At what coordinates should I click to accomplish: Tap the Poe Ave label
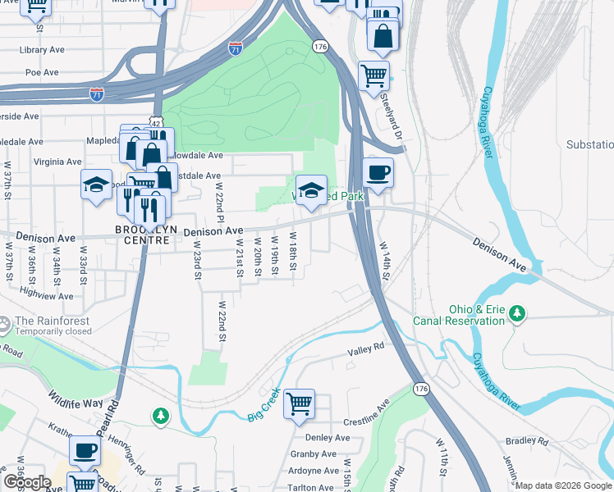tap(41, 72)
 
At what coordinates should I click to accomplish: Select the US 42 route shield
tap(154, 122)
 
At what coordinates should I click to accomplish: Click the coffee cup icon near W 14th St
tap(378, 173)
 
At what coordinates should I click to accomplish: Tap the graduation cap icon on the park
tap(310, 191)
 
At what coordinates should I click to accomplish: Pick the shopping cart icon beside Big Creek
tap(299, 403)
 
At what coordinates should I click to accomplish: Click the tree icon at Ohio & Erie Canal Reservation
tap(517, 312)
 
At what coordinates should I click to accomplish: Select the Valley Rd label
tap(366, 348)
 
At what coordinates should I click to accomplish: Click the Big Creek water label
tap(264, 405)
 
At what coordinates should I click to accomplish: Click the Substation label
tap(589, 144)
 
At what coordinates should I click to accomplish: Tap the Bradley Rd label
tap(527, 441)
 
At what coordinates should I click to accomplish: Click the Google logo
tap(26, 482)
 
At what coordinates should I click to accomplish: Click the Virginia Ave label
tap(60, 162)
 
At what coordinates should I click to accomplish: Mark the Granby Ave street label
tap(314, 453)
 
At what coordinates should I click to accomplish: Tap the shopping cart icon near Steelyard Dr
tap(374, 75)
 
